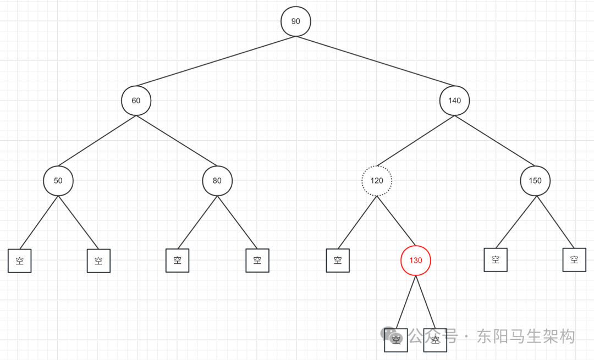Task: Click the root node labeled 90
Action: point(296,21)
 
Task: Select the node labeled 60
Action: point(136,101)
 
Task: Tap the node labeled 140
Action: point(454,101)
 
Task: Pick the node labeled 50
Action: point(58,180)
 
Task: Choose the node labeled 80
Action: point(217,180)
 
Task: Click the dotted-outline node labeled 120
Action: point(377,180)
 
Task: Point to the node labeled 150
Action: point(535,180)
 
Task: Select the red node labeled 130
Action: point(416,260)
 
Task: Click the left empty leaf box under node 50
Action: point(20,261)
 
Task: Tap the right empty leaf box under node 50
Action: point(98,261)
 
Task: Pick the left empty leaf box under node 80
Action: point(178,260)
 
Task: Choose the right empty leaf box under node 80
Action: point(257,260)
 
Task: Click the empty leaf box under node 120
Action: point(338,260)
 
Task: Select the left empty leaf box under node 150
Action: point(496,259)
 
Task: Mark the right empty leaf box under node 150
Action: point(574,259)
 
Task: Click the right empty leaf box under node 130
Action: point(435,340)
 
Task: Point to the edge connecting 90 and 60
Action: point(216,61)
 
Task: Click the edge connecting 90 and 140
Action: point(375,61)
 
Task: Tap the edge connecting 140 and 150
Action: point(494,141)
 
